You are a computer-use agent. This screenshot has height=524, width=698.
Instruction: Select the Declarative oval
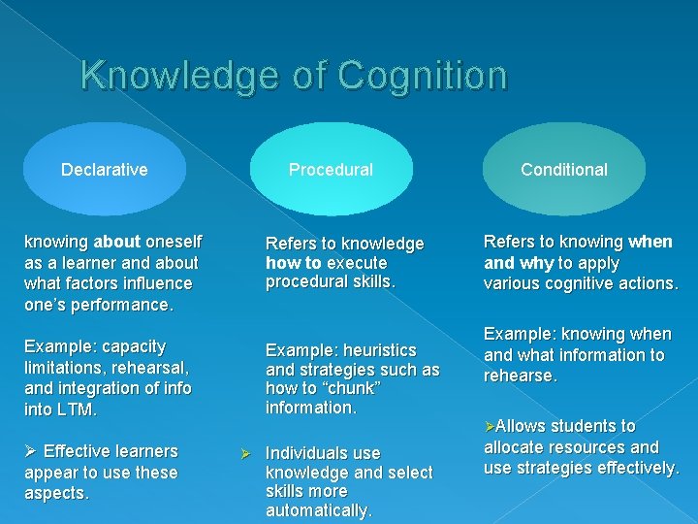105,170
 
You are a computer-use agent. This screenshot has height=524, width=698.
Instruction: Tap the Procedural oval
331,170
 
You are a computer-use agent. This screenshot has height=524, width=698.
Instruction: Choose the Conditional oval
564,170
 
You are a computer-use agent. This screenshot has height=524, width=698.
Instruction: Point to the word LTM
77,409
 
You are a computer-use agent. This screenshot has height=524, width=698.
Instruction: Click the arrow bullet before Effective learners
30,451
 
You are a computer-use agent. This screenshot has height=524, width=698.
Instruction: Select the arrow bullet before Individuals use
246,453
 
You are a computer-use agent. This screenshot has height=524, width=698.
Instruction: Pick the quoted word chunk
353,389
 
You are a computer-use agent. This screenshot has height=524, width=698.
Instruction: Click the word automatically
318,510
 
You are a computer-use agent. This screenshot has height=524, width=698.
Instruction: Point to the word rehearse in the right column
521,376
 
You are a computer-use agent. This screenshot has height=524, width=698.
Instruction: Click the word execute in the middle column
358,263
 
